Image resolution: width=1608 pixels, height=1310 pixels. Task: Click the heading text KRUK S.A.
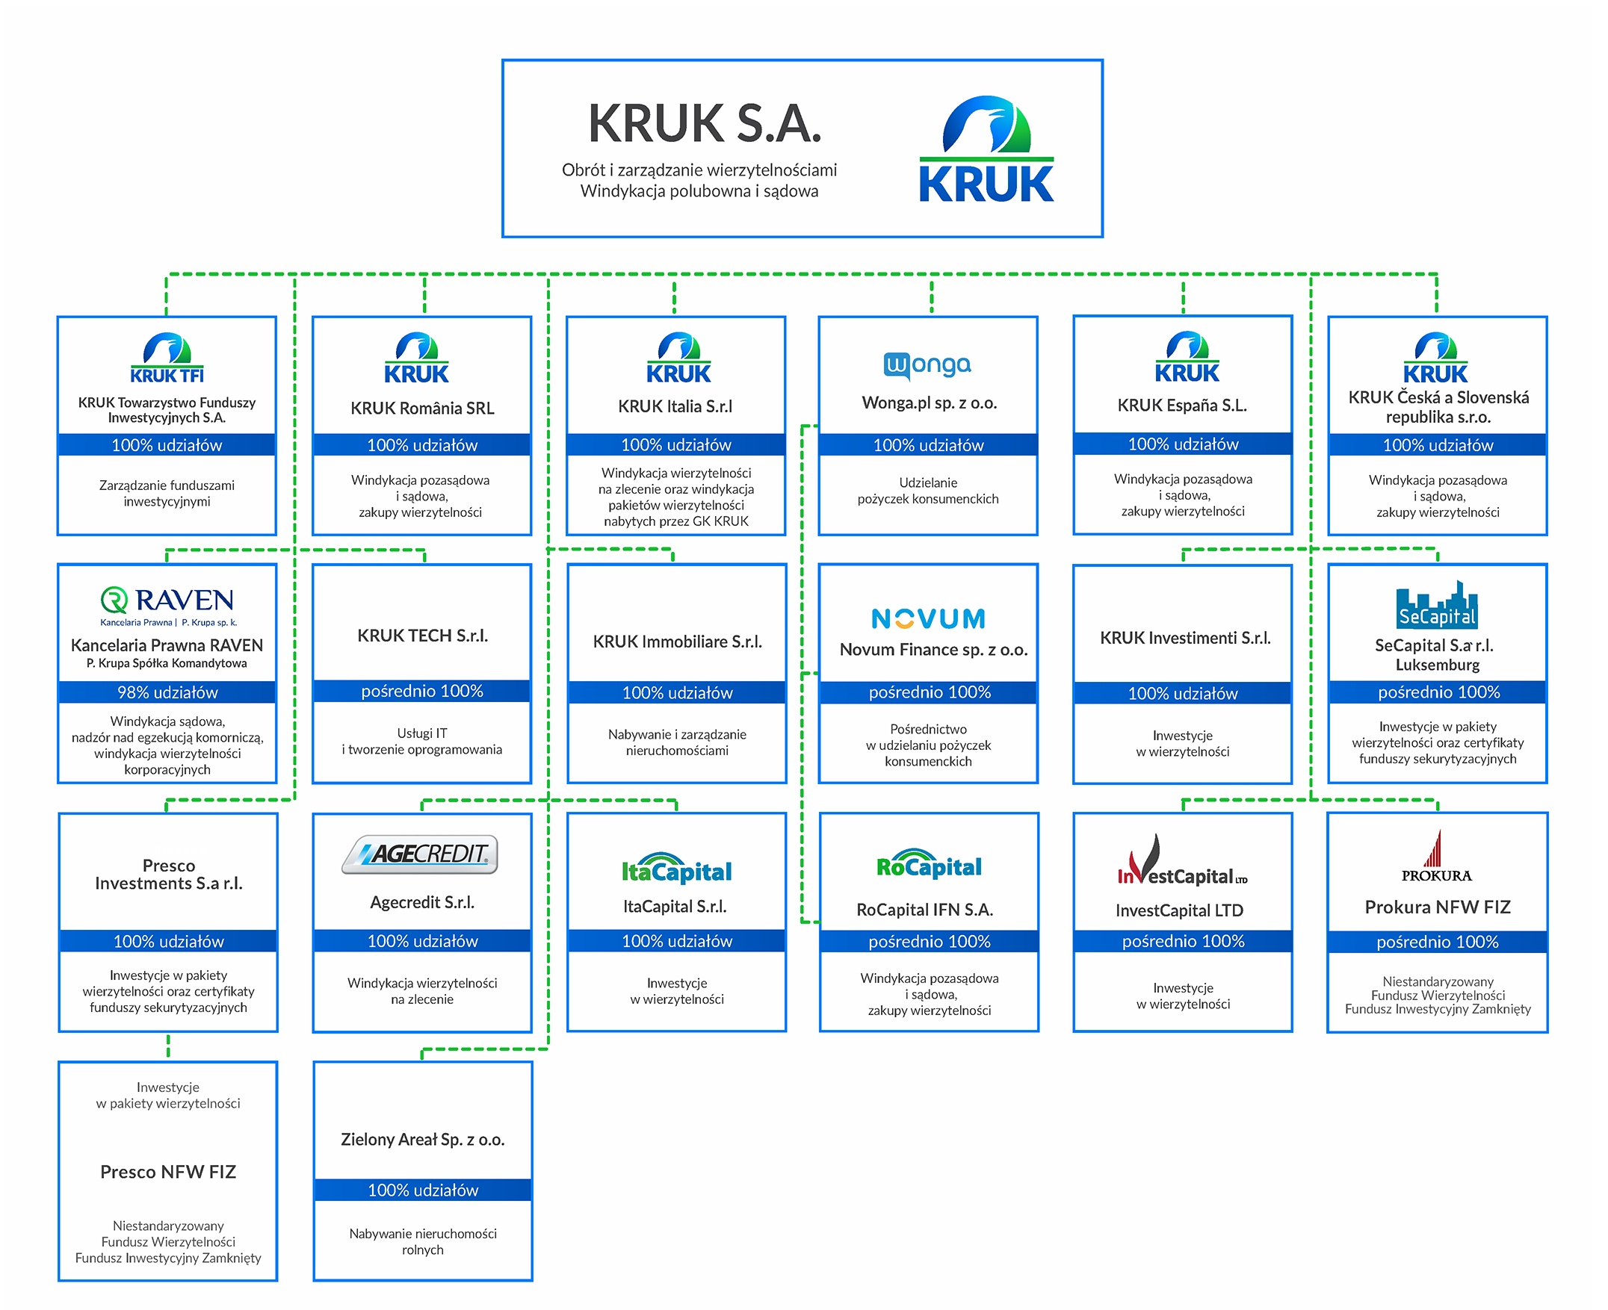point(704,124)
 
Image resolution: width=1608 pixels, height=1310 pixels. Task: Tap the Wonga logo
point(927,365)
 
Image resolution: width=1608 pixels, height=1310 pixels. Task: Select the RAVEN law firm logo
point(167,604)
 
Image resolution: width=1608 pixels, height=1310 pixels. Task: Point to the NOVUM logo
point(928,619)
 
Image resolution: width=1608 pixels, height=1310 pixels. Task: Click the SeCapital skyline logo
point(1436,605)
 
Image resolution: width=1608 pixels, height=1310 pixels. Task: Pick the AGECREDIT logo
point(420,854)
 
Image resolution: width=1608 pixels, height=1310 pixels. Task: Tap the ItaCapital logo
point(675,870)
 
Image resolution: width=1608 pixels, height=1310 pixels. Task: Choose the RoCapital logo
point(929,865)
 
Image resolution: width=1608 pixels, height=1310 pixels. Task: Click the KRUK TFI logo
point(167,359)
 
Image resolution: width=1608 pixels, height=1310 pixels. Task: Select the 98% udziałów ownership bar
point(167,692)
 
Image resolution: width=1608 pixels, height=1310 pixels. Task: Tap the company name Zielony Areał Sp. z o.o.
point(422,1140)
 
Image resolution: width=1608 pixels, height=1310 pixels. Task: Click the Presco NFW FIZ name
point(167,1172)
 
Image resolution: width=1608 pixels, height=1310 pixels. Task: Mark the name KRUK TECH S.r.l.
point(422,636)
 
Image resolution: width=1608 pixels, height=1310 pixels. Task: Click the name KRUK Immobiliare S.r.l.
point(676,642)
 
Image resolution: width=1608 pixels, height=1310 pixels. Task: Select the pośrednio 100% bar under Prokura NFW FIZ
point(1437,942)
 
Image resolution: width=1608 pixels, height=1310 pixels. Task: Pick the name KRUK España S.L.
point(1181,406)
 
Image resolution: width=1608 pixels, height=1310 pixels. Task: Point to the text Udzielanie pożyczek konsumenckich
point(928,491)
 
